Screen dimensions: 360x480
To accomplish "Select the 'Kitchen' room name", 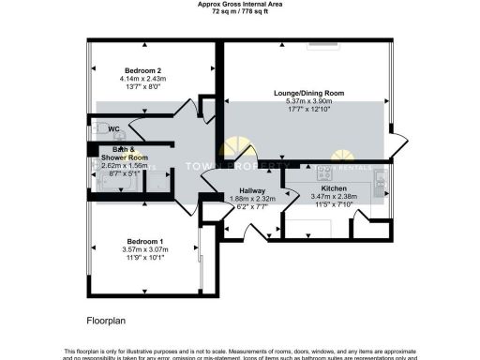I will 335,188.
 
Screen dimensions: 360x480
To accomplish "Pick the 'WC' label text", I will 113,128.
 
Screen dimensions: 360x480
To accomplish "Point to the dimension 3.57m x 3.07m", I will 143,249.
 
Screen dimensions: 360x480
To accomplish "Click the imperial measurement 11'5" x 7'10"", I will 335,205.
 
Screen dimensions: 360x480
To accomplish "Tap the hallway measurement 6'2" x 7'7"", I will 252,206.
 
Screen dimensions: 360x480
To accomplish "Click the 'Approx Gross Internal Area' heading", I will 239,4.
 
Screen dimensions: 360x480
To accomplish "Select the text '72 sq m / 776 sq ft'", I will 239,11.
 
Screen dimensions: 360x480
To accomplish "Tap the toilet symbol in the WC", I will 97,129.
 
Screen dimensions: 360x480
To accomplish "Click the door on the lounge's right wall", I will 401,145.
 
